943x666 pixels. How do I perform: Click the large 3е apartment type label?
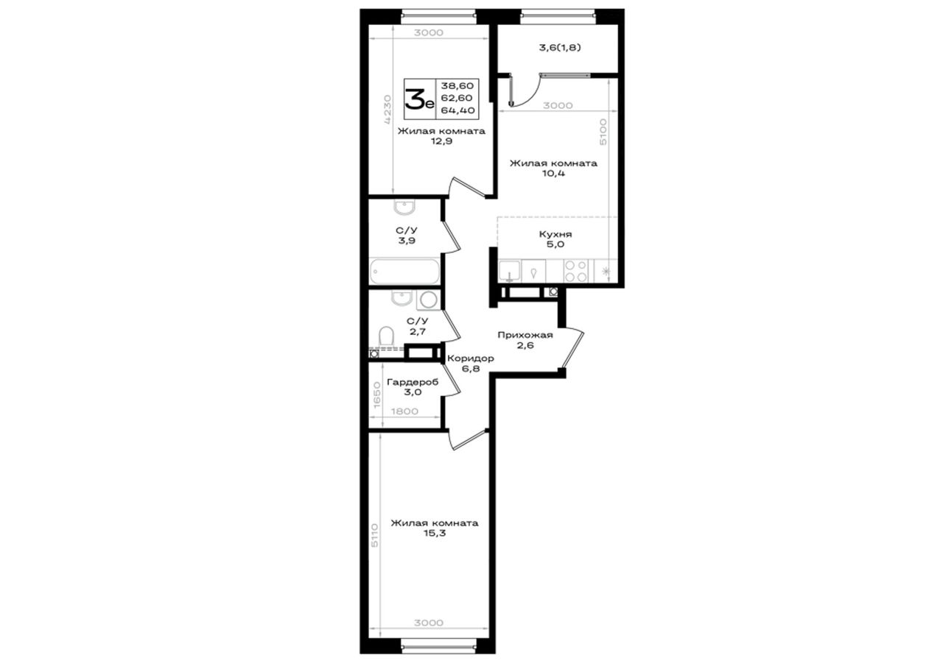click(x=419, y=100)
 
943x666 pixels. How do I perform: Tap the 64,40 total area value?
click(x=458, y=110)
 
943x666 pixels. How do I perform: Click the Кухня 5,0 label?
click(x=555, y=239)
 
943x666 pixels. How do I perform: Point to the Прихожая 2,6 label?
click(x=525, y=340)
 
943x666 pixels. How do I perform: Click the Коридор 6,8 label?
click(x=470, y=364)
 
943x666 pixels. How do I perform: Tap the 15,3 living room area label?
click(x=435, y=534)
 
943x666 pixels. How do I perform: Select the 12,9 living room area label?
click(x=441, y=141)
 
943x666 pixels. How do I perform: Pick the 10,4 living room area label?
click(x=553, y=173)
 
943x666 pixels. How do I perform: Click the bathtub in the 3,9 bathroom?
click(x=405, y=272)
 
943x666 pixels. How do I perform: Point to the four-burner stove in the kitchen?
click(x=576, y=272)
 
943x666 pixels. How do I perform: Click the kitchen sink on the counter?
click(x=509, y=271)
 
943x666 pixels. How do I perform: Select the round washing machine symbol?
click(x=428, y=300)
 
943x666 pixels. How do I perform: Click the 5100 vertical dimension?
click(x=603, y=132)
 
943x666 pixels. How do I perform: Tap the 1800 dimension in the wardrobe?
click(x=404, y=411)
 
